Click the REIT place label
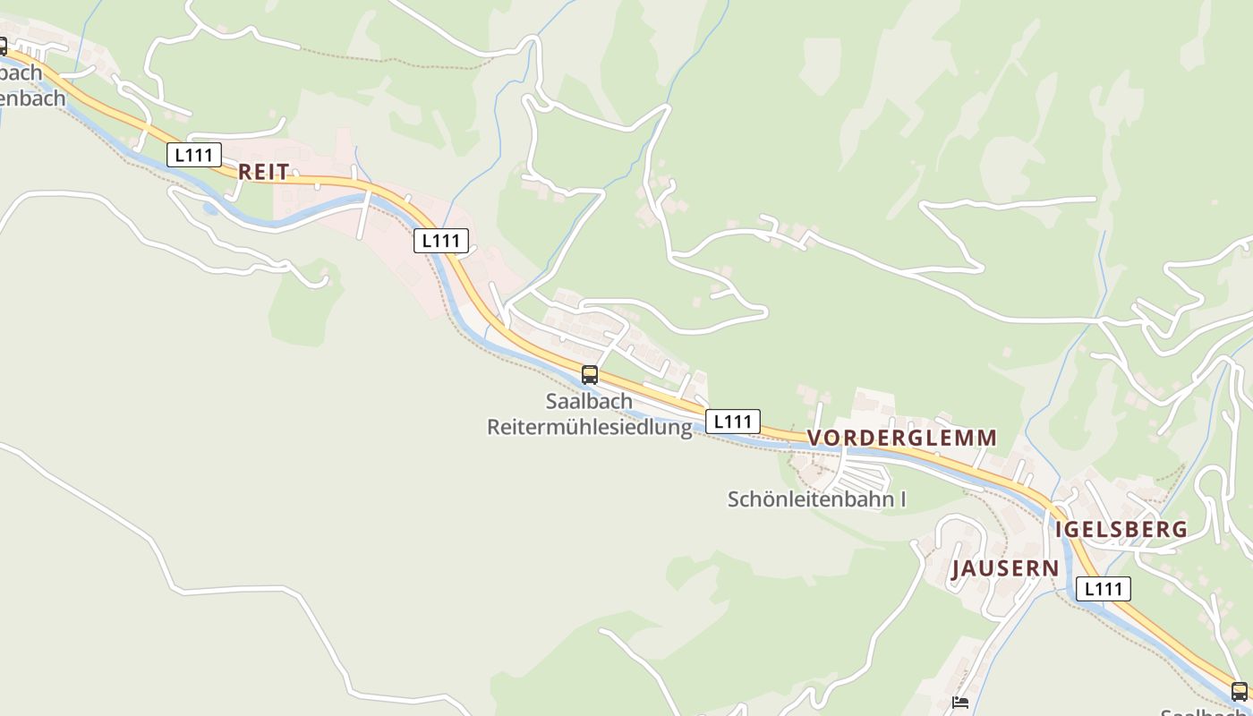[x=263, y=172]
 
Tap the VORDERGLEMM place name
[x=901, y=438]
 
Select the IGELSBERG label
[x=1121, y=529]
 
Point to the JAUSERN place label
[x=1005, y=568]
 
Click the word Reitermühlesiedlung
[x=590, y=427]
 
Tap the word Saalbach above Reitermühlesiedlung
[x=589, y=401]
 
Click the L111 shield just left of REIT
[x=193, y=155]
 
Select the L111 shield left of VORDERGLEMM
[x=732, y=422]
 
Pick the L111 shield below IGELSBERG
[x=1103, y=589]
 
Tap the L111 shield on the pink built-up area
[x=440, y=240]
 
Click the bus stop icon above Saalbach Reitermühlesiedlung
[x=589, y=375]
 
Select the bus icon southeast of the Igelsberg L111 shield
[x=1239, y=691]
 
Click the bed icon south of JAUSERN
[x=960, y=703]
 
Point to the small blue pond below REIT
[x=209, y=209]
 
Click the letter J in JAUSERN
[x=956, y=568]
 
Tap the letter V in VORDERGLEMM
[x=814, y=438]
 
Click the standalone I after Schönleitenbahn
[x=901, y=499]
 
